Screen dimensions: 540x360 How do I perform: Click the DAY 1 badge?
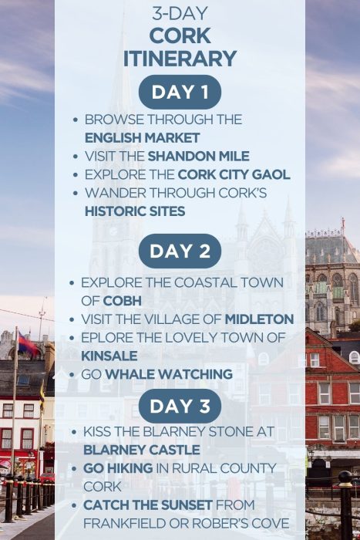pos(180,93)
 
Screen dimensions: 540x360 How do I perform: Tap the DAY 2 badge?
pos(180,251)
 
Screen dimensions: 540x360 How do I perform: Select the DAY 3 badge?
pos(180,407)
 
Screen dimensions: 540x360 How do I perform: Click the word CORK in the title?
pos(180,36)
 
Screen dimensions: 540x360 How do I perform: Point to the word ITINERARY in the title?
pos(180,58)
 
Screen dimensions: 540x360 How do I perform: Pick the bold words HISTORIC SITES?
pos(134,211)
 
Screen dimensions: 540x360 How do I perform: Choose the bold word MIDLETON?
pos(259,319)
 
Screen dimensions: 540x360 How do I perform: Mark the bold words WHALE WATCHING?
pos(169,374)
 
